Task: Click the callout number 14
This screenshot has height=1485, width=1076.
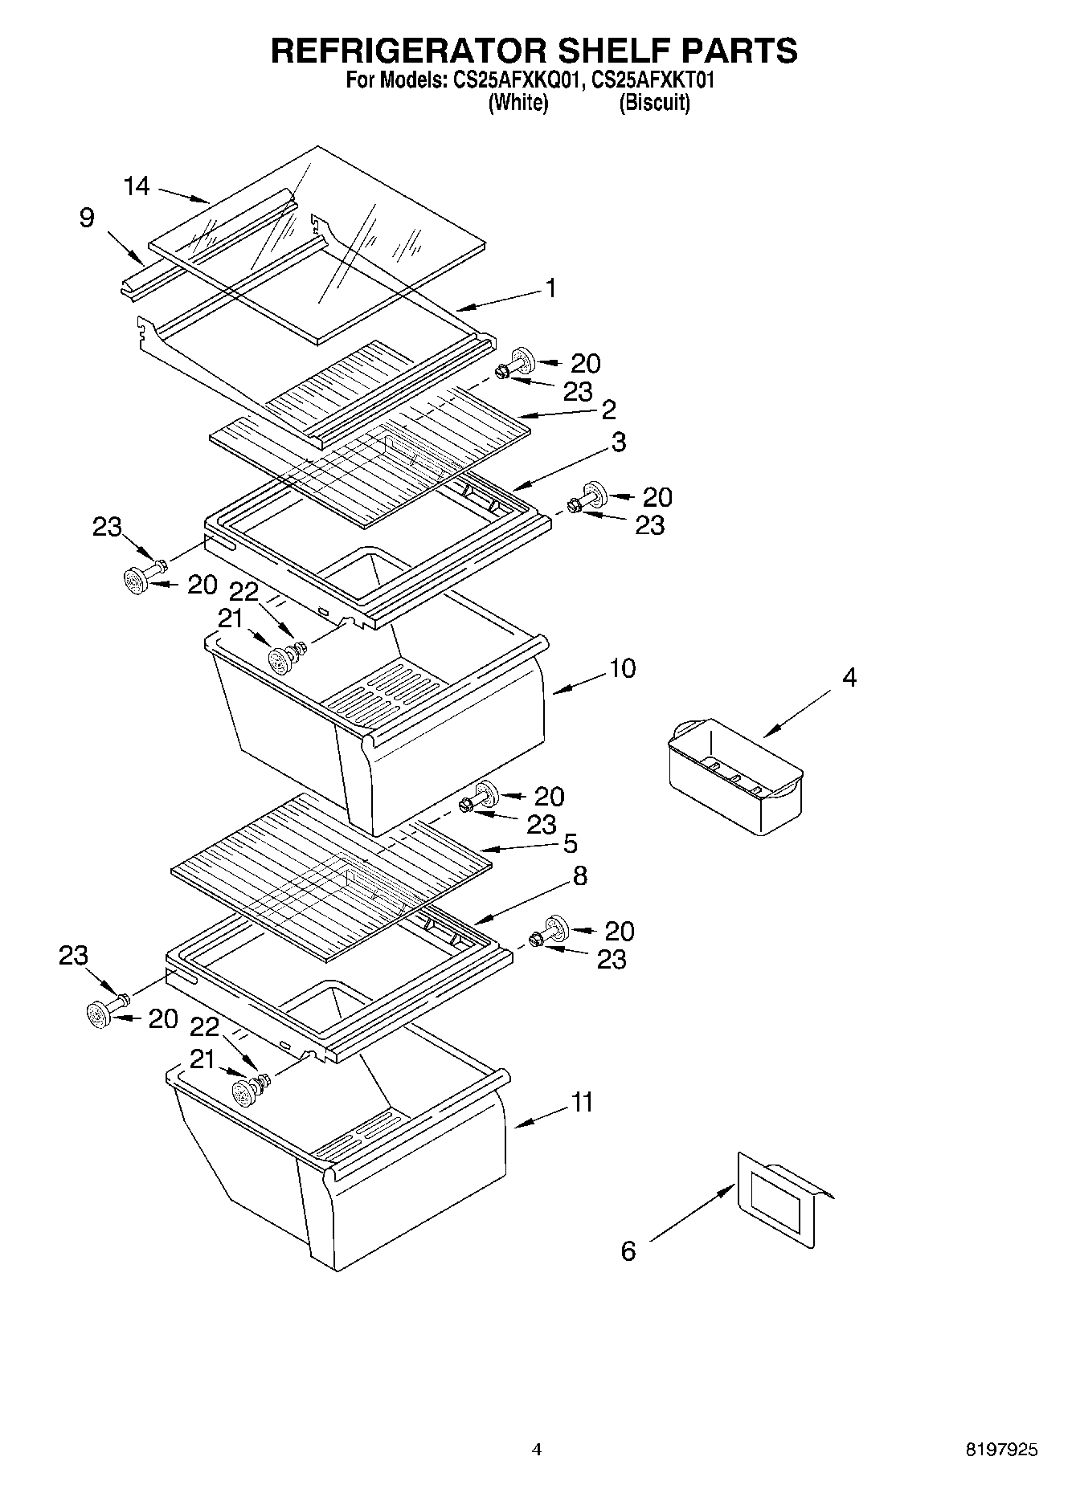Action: pos(137,186)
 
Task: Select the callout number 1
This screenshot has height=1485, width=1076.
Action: pos(551,288)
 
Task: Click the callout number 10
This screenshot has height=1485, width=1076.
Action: pos(622,668)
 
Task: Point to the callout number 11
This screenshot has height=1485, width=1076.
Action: pos(582,1102)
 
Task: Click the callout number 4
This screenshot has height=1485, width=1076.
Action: pos(849,677)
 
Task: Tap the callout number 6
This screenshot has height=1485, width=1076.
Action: pos(628,1250)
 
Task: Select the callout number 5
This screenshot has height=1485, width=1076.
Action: pos(570,843)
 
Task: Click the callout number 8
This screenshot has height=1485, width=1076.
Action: pos(579,875)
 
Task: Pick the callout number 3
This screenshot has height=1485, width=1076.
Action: pos(618,442)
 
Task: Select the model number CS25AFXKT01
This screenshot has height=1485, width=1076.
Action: pos(653,80)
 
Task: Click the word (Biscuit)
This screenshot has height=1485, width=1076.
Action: pos(654,103)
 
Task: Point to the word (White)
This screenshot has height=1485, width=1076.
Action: pos(518,103)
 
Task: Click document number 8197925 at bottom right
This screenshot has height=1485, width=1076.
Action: pos(1001,1450)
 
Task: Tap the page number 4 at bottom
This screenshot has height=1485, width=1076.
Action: pos(537,1450)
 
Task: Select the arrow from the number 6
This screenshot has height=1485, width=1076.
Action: pos(692,1212)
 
